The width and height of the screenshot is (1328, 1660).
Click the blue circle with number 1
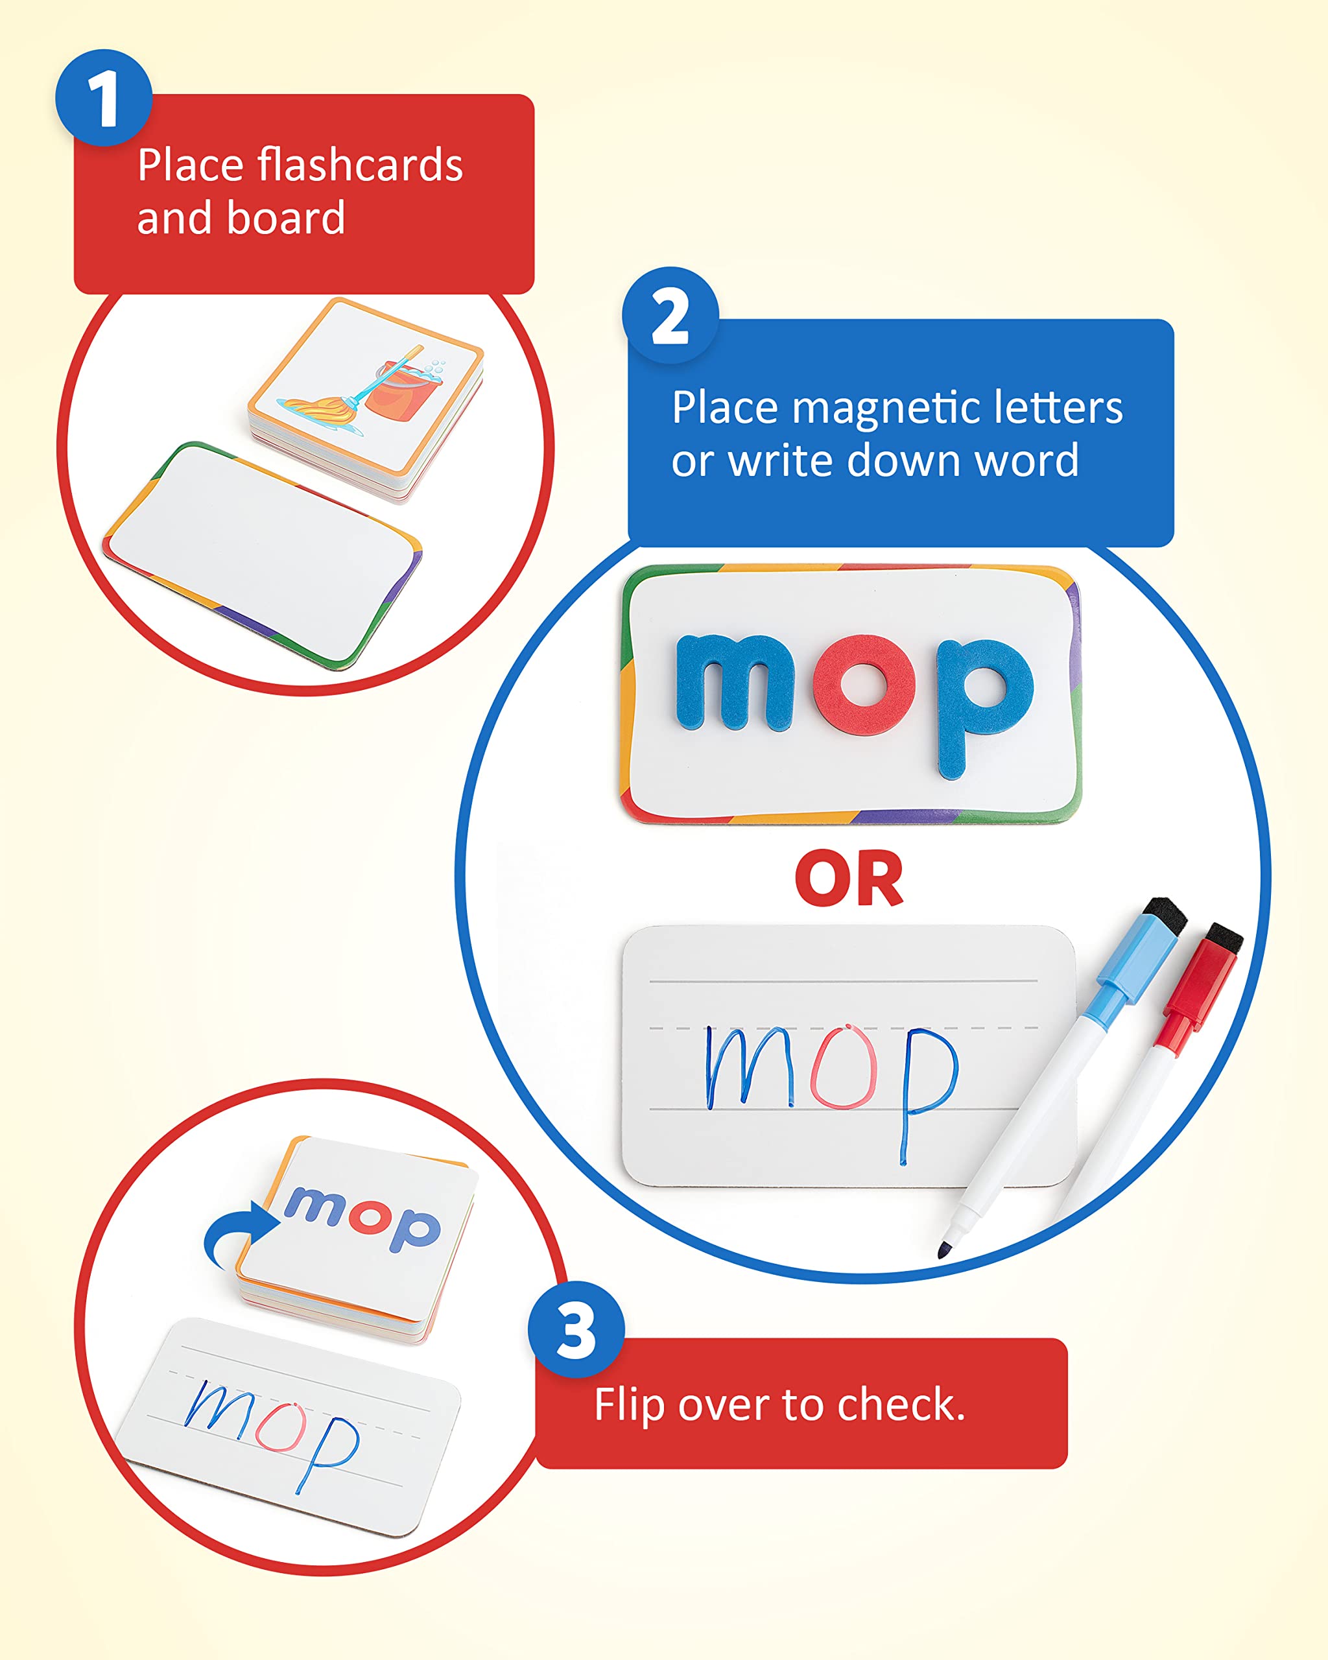coord(103,98)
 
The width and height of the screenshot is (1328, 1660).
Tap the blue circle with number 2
coord(670,315)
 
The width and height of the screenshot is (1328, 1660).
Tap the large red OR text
coord(848,879)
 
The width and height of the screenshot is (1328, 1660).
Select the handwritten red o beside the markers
coord(844,1069)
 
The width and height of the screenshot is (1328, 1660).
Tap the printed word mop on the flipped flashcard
coord(362,1216)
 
